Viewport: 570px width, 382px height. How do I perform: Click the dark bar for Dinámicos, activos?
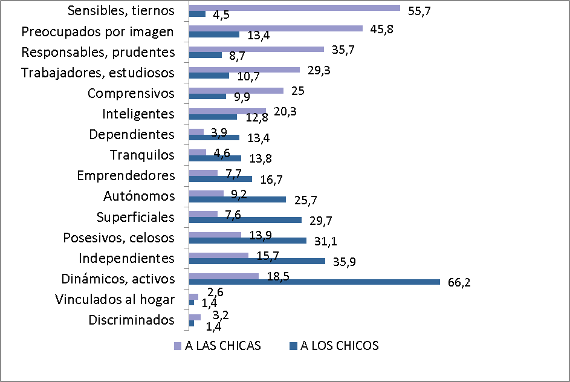pyautogui.click(x=314, y=282)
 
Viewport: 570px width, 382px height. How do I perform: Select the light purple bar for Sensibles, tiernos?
pyautogui.click(x=294, y=8)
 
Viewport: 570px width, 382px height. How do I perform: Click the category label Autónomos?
pyautogui.click(x=140, y=196)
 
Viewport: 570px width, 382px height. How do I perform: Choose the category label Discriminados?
pyautogui.click(x=132, y=320)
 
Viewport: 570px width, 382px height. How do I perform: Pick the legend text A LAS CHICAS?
pyautogui.click(x=222, y=346)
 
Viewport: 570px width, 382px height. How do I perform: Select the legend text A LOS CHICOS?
pyautogui.click(x=340, y=346)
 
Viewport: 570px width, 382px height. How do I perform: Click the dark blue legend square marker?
pyautogui.click(x=294, y=346)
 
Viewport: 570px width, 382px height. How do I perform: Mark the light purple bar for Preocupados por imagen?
pyautogui.click(x=276, y=28)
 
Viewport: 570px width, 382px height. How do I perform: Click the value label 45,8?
pyautogui.click(x=380, y=29)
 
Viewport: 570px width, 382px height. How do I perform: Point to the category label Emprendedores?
pyautogui.click(x=126, y=175)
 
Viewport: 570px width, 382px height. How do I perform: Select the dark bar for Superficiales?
pyautogui.click(x=245, y=220)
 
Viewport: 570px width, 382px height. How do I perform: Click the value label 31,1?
pyautogui.click(x=326, y=242)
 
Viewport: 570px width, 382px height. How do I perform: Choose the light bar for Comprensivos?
pyautogui.click(x=236, y=91)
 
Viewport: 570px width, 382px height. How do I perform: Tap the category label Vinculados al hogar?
pyautogui.click(x=115, y=299)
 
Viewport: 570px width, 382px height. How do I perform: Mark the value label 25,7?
pyautogui.click(x=305, y=199)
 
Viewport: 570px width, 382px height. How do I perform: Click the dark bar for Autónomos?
pyautogui.click(x=237, y=199)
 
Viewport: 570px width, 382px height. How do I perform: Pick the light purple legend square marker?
pyautogui.click(x=177, y=346)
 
